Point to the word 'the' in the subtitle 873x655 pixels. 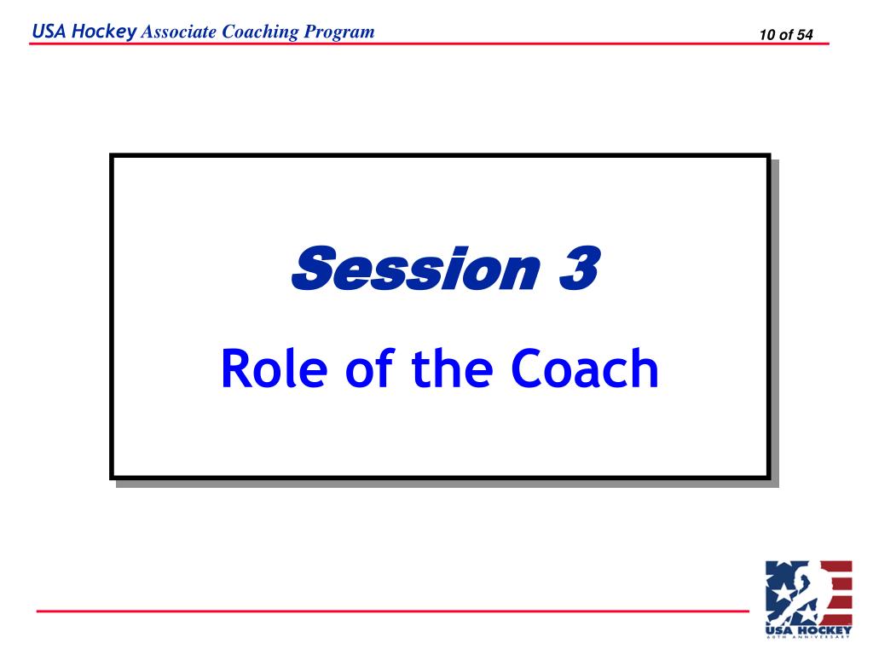(452, 368)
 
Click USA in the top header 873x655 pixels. (48, 32)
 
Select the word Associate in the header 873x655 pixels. (179, 32)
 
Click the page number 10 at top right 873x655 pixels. (767, 35)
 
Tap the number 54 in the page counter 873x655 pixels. (805, 35)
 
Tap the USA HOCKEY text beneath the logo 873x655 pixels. (808, 629)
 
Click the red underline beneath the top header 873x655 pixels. (426, 43)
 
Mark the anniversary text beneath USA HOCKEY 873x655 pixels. (808, 637)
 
